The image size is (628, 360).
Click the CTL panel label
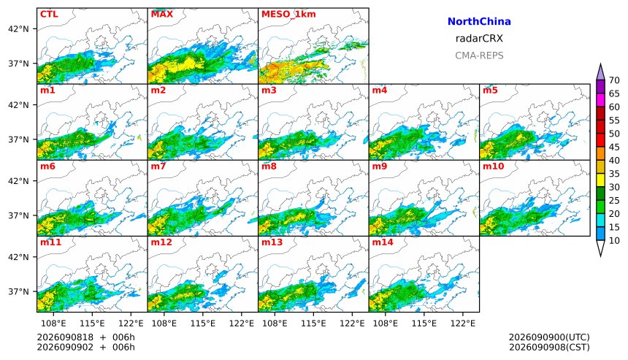click(x=49, y=14)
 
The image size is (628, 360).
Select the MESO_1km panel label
click(x=288, y=14)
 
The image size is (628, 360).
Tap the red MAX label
click(x=162, y=14)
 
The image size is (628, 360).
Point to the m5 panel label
click(x=490, y=90)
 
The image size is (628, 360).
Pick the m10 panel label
click(x=493, y=166)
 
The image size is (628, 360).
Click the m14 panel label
click(x=383, y=242)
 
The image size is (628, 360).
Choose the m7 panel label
click(x=158, y=166)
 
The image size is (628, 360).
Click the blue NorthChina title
click(x=479, y=22)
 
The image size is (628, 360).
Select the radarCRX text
click(x=479, y=39)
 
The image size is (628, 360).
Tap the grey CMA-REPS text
click(x=479, y=55)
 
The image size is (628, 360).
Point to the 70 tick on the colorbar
click(x=614, y=80)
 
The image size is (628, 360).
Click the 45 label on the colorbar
click(x=614, y=147)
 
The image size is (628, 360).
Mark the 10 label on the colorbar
click(x=614, y=241)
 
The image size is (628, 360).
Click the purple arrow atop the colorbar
click(x=600, y=72)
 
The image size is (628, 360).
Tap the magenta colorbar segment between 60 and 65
click(x=600, y=100)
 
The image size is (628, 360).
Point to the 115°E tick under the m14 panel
click(x=424, y=323)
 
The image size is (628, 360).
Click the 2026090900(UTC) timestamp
click(x=549, y=337)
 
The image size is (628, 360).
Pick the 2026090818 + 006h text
click(x=85, y=337)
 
